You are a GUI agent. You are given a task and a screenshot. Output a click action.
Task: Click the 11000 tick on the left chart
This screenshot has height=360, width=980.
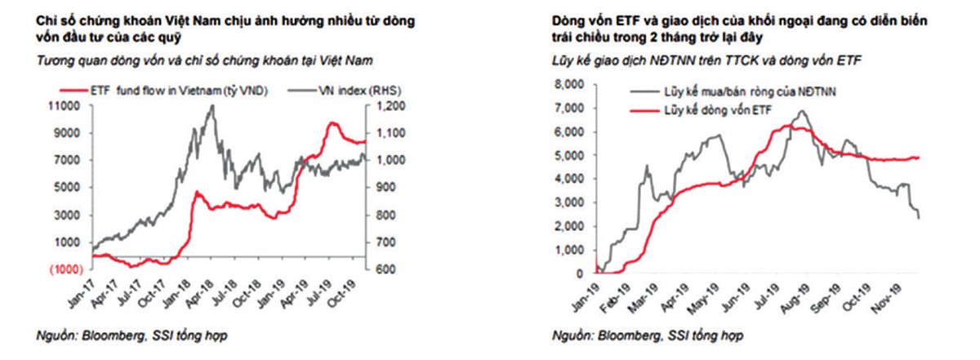(71, 106)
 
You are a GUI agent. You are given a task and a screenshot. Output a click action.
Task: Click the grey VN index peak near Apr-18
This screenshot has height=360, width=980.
(213, 106)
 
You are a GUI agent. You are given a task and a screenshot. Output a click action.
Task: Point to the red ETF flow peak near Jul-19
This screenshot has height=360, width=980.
(331, 123)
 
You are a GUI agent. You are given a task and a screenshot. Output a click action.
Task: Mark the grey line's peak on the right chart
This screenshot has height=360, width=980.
(802, 112)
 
